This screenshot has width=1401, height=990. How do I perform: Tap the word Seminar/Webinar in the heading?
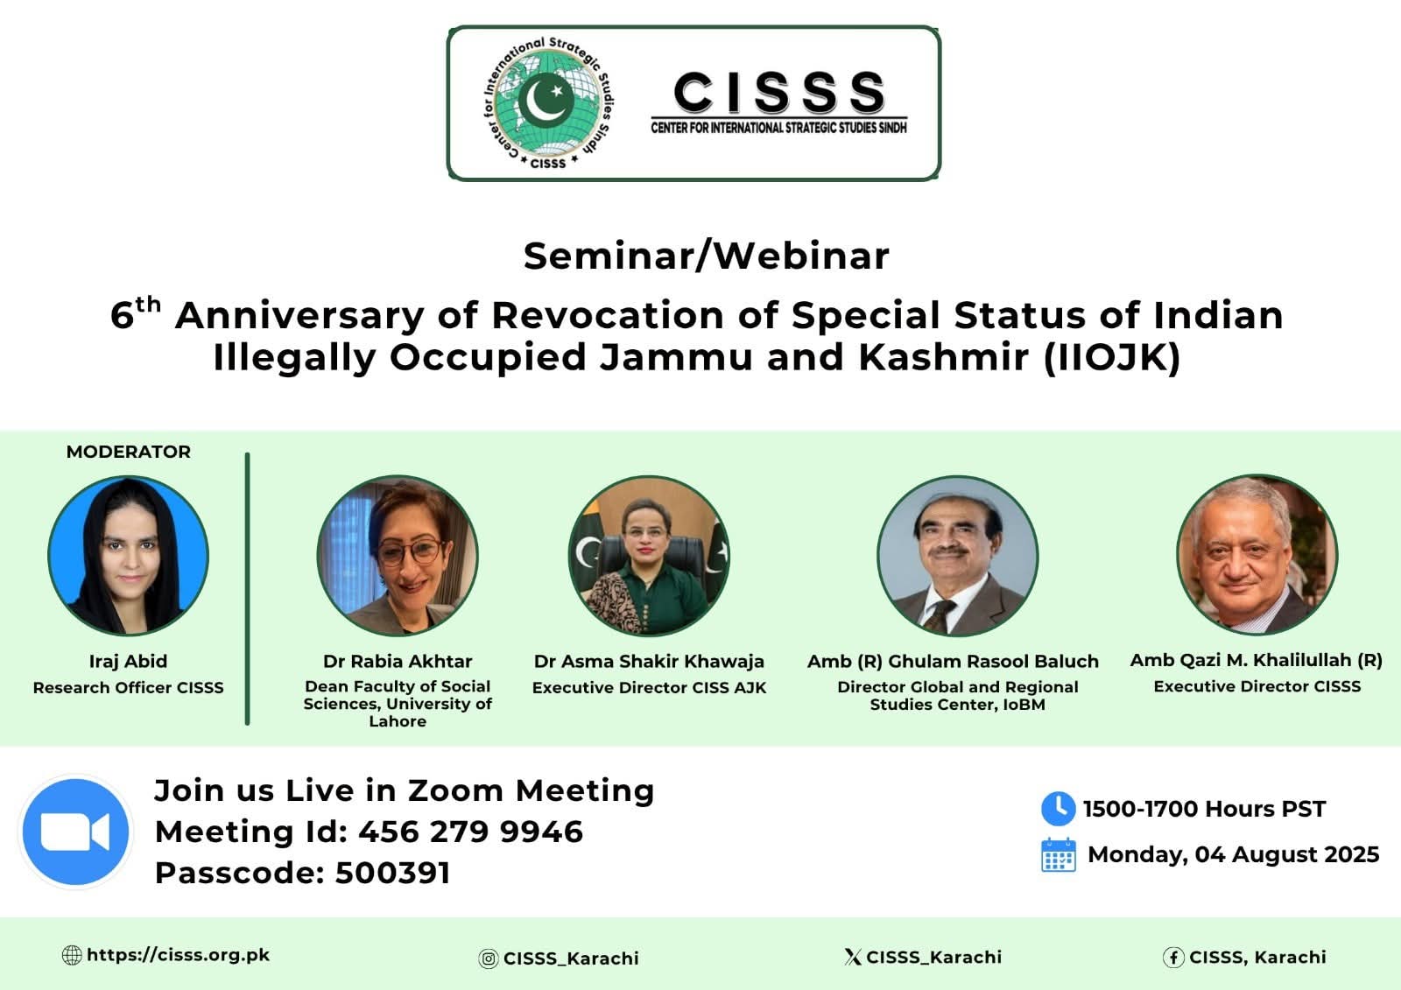pyautogui.click(x=706, y=256)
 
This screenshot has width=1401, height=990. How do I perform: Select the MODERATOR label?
pyautogui.click(x=128, y=452)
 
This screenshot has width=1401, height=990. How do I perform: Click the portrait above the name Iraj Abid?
pyautogui.click(x=128, y=555)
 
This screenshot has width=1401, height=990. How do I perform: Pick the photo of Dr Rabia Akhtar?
pyautogui.click(x=398, y=555)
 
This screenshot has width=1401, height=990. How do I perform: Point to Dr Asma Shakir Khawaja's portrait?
pyautogui.click(x=649, y=555)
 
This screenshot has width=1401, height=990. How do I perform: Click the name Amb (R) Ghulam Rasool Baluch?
pyautogui.click(x=953, y=661)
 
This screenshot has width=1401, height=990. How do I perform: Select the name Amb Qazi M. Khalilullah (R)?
pyautogui.click(x=1256, y=660)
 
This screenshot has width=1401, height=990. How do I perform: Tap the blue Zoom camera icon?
pyautogui.click(x=75, y=832)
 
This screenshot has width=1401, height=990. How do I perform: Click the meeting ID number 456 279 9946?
pyautogui.click(x=470, y=832)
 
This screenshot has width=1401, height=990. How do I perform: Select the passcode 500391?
pyautogui.click(x=393, y=873)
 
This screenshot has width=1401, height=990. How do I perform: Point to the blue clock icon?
pyautogui.click(x=1059, y=808)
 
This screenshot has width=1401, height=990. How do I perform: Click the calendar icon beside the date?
pyautogui.click(x=1059, y=855)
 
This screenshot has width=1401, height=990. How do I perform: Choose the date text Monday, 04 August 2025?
pyautogui.click(x=1234, y=854)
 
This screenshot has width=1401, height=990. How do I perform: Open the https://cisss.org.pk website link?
pyautogui.click(x=179, y=955)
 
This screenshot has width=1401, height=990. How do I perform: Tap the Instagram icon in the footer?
pyautogui.click(x=488, y=958)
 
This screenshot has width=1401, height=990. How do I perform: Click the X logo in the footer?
pyautogui.click(x=853, y=957)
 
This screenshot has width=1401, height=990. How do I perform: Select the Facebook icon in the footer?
pyautogui.click(x=1173, y=958)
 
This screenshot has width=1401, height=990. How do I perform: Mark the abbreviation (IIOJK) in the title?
pyautogui.click(x=1112, y=357)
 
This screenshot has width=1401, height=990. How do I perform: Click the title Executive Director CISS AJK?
pyautogui.click(x=649, y=687)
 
